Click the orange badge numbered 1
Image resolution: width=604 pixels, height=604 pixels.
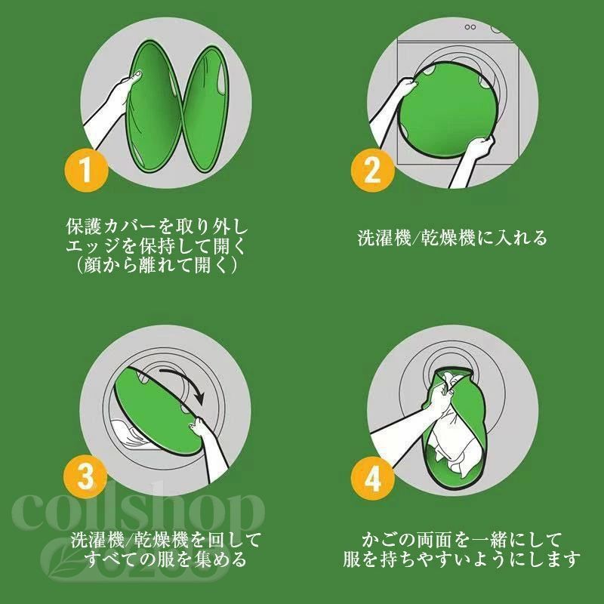click(86, 171)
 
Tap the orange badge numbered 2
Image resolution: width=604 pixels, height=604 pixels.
click(372, 171)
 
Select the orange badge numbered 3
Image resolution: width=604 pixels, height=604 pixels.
click(85, 477)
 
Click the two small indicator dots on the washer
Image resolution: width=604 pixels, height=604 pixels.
click(470, 27)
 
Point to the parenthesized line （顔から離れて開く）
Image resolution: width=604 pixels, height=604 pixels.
click(156, 265)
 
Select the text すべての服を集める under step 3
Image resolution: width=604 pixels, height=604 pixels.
click(165, 559)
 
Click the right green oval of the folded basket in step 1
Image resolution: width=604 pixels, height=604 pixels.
click(207, 109)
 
